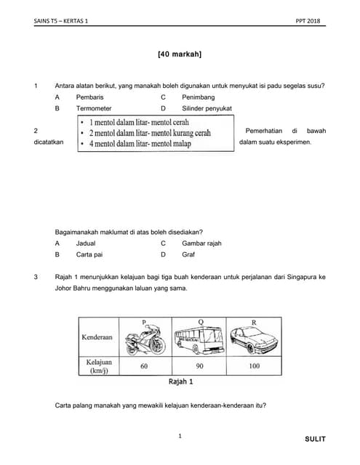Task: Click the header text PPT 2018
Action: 308,21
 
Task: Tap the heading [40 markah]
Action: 180,54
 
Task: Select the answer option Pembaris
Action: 89,97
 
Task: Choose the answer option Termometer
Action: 94,108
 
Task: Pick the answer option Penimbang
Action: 199,97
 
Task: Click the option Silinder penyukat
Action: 207,108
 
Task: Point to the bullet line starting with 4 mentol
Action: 140,144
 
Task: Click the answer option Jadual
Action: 86,243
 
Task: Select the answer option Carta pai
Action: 89,254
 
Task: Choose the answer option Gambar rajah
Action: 201,243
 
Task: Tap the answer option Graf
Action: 188,254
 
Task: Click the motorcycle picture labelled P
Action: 145,339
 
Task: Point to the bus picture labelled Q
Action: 199,340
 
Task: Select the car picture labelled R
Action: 254,340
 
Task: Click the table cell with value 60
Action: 145,366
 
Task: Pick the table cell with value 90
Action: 199,366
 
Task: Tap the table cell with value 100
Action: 254,366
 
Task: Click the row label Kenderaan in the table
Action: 97,337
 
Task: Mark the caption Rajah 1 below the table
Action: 181,381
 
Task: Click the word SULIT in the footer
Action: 315,439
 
